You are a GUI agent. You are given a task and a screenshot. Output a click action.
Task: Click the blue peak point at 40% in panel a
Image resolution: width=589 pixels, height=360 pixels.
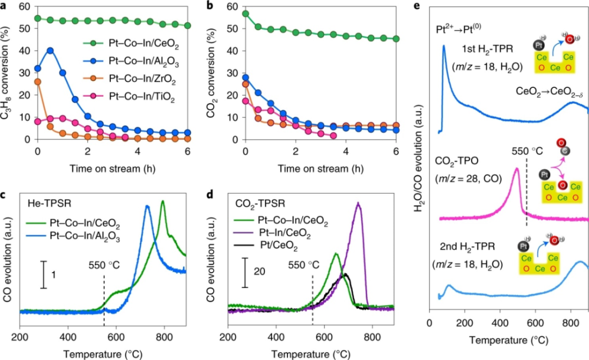[51, 50]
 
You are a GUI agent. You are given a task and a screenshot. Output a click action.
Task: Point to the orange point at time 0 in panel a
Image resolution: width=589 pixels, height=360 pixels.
[38, 81]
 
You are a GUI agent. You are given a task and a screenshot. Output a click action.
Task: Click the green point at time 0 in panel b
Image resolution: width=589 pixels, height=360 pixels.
[245, 14]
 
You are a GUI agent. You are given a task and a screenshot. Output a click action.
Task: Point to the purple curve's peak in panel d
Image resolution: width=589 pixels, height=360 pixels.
[358, 203]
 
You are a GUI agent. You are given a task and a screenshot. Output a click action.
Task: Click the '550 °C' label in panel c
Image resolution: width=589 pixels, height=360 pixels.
[103, 264]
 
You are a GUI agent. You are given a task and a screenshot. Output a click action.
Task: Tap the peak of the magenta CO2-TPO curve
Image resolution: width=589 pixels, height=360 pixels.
[517, 169]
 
